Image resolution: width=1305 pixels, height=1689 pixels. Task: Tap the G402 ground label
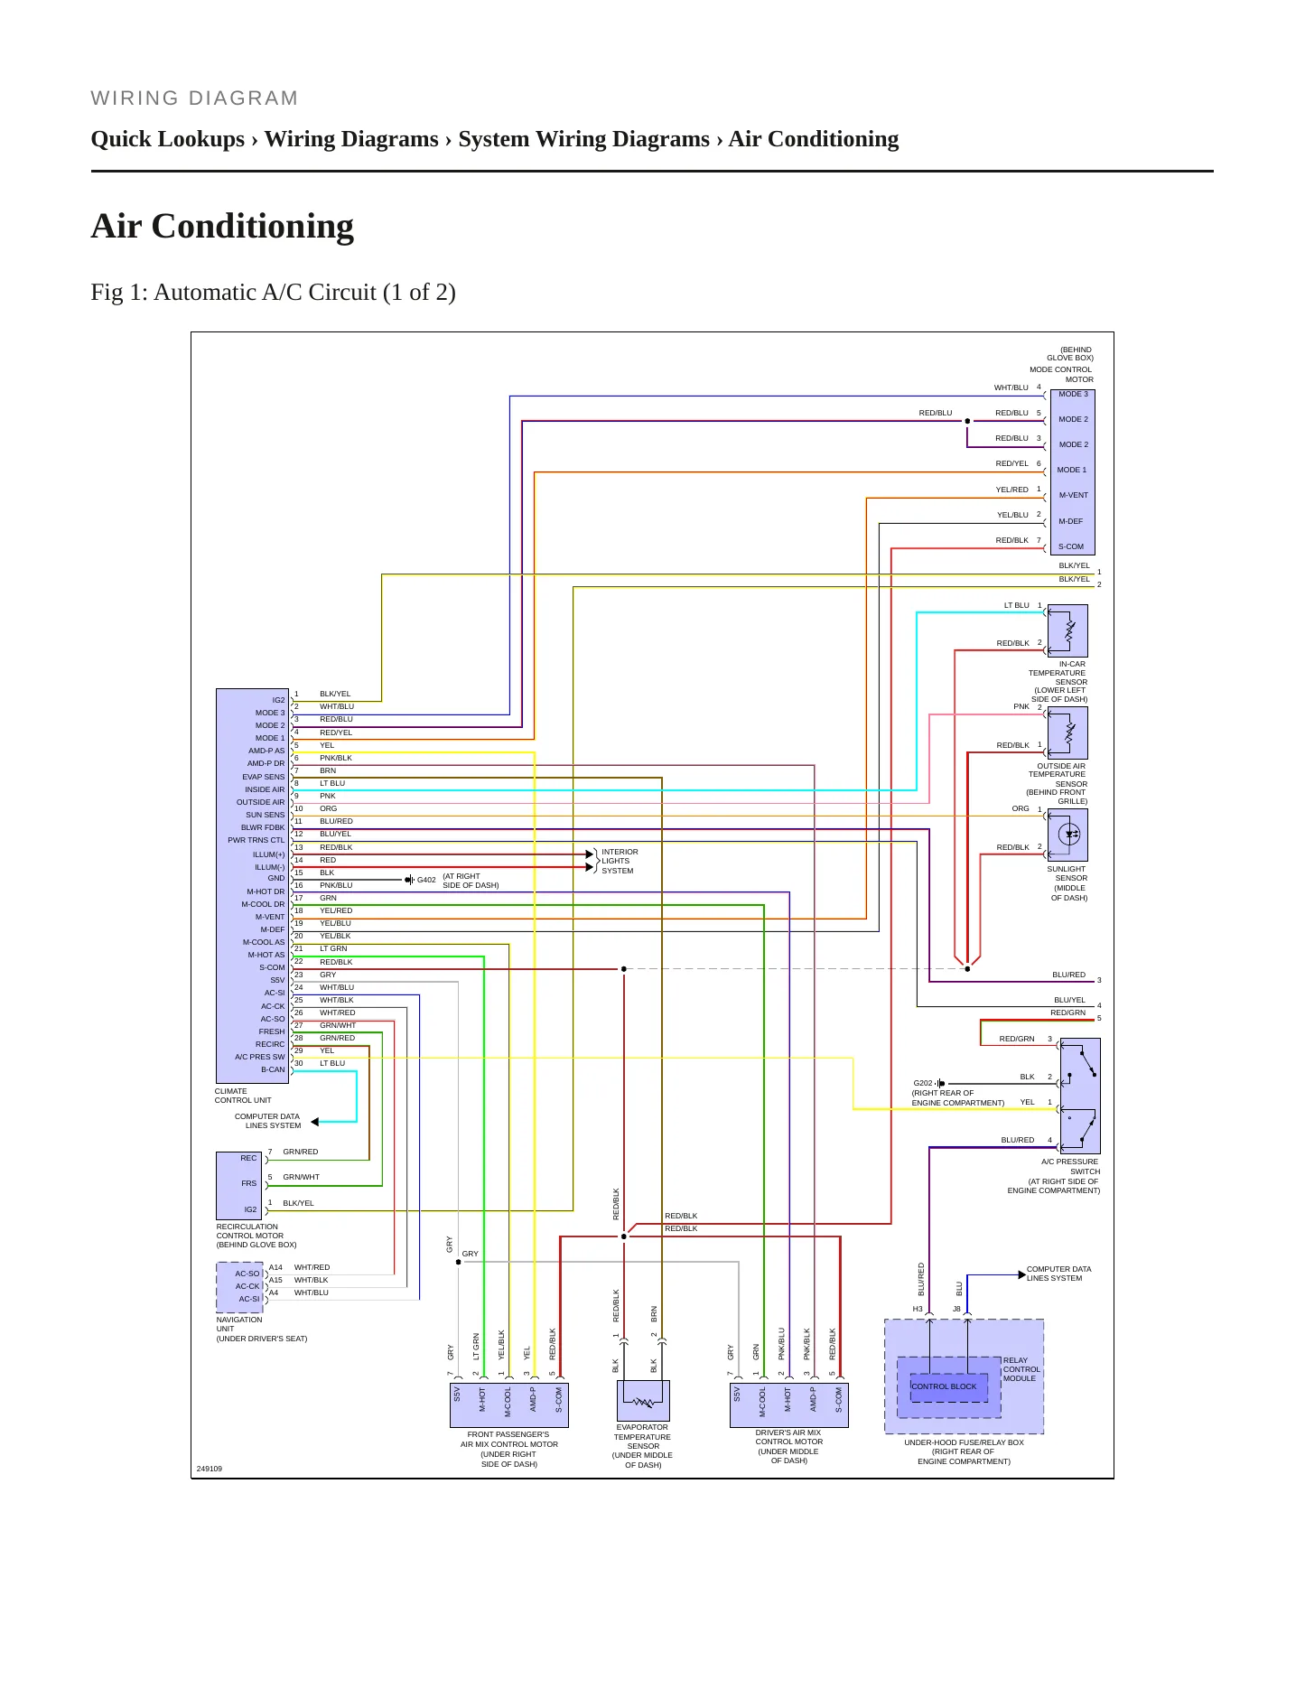(x=426, y=880)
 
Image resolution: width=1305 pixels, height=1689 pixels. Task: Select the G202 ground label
(x=923, y=1083)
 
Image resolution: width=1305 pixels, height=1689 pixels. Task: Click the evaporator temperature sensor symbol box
(x=643, y=1401)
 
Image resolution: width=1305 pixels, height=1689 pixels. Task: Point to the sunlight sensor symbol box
(x=1067, y=835)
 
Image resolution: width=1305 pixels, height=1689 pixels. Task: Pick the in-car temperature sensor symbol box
(x=1067, y=630)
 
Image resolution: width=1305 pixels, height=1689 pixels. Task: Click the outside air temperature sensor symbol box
(x=1067, y=733)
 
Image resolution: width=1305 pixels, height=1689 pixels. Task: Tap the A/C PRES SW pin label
(x=259, y=1057)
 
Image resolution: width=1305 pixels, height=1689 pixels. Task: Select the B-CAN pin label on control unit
(x=273, y=1069)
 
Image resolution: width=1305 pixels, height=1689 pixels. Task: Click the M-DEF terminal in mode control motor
(x=1071, y=521)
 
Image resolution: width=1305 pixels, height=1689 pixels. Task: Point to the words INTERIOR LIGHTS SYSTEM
(x=620, y=862)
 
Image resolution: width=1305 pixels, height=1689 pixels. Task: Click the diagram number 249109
(x=210, y=1469)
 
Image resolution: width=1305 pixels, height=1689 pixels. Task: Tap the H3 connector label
(x=918, y=1309)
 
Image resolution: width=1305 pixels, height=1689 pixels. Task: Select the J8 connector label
(x=956, y=1309)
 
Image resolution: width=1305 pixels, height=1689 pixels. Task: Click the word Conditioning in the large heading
(x=253, y=227)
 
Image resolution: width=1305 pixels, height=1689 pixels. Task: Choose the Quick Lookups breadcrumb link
(x=168, y=139)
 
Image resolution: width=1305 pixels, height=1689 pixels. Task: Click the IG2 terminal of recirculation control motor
(x=250, y=1209)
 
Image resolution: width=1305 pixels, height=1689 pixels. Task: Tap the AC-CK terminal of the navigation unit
(x=247, y=1286)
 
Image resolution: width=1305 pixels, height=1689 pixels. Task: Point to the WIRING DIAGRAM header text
(x=195, y=98)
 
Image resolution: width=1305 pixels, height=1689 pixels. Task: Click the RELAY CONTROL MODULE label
(x=1021, y=1369)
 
